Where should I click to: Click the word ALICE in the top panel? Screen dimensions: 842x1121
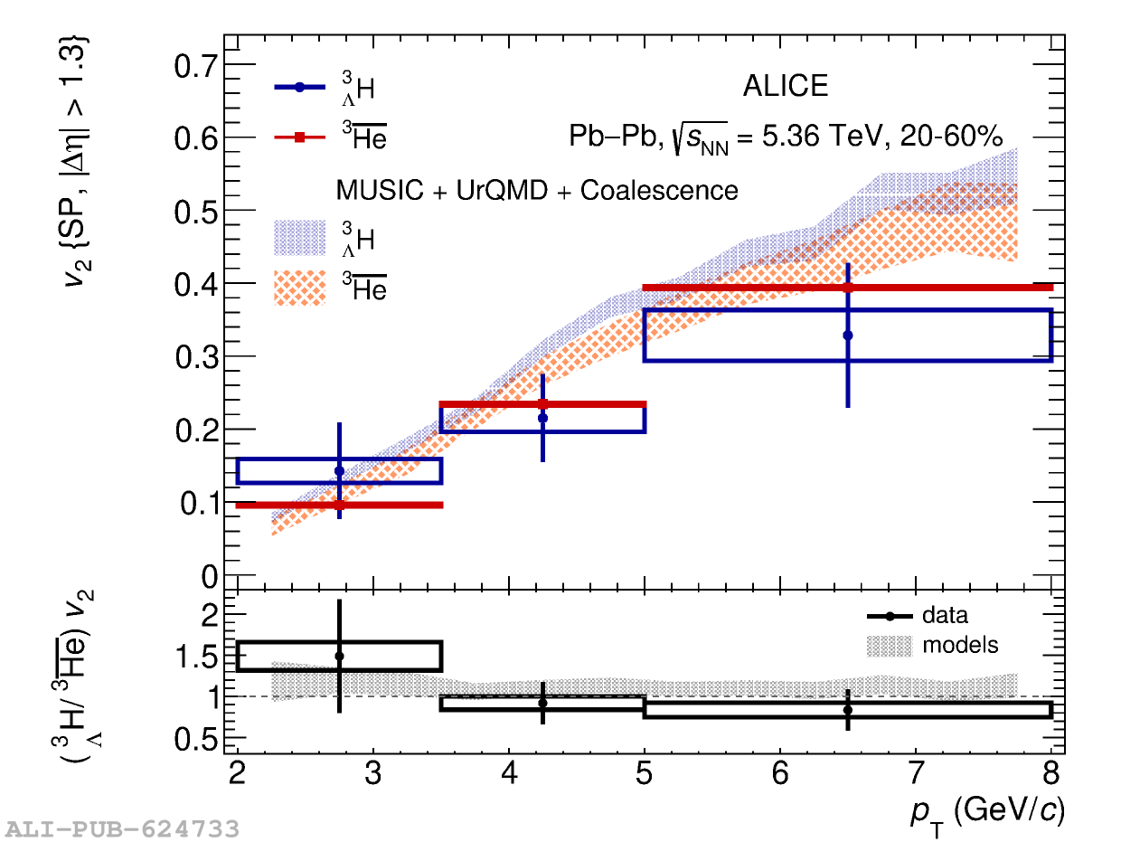click(x=785, y=86)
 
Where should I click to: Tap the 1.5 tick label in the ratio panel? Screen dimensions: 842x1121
click(x=200, y=657)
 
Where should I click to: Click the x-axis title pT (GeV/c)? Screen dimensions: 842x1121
click(x=987, y=810)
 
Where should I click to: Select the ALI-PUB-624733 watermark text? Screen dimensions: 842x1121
click(x=123, y=828)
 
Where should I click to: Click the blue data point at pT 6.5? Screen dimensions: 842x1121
click(x=848, y=336)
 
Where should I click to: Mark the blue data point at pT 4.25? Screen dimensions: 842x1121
click(x=542, y=418)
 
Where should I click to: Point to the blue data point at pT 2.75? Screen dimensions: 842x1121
click(x=339, y=471)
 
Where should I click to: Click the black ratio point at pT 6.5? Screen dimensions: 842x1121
click(x=848, y=710)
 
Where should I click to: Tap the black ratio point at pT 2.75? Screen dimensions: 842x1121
click(x=339, y=657)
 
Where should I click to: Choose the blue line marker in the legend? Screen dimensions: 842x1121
click(x=300, y=88)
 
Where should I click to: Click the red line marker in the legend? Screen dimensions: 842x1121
click(x=300, y=137)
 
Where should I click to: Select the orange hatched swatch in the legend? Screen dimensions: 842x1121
click(x=299, y=289)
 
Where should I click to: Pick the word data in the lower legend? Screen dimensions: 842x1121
click(x=945, y=616)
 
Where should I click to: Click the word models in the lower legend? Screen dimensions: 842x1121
click(x=960, y=646)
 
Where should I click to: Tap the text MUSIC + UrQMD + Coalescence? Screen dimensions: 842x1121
click(x=537, y=191)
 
